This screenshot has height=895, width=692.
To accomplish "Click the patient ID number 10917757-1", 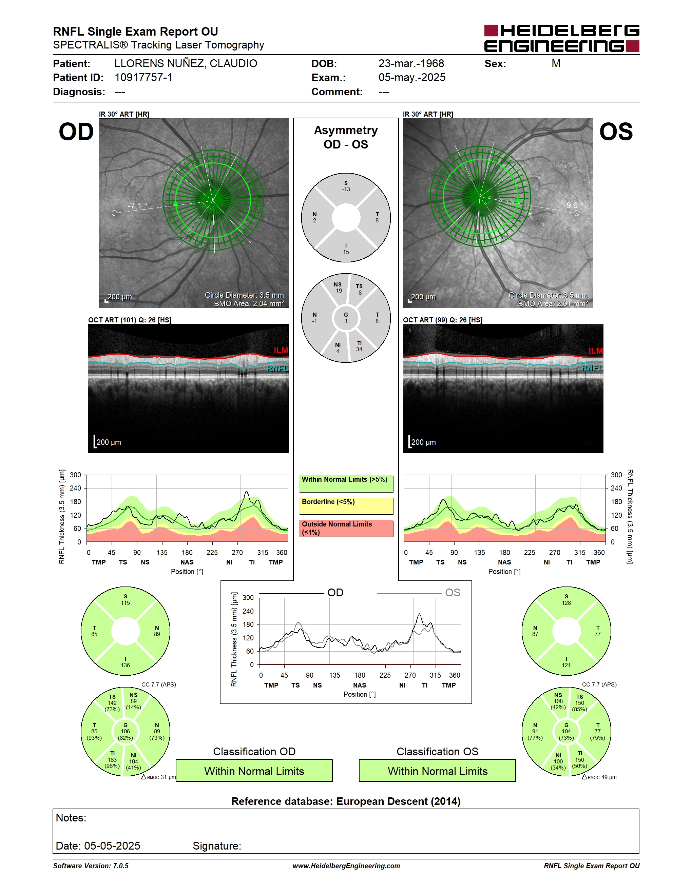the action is coord(143,77).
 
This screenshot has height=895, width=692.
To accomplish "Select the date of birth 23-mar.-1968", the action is coord(411,63).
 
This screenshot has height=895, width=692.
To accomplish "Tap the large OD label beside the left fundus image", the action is coord(76,132).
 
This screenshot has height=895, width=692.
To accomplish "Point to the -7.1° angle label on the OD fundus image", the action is coord(138,205).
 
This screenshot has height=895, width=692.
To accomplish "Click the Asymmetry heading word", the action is coord(346,130).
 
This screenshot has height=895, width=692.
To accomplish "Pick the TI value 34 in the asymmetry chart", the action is coord(359,349).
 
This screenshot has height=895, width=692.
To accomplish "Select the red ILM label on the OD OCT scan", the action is coord(281,351).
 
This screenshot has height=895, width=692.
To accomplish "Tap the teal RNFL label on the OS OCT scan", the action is coord(592,368).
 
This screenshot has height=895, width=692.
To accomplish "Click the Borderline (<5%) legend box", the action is coord(346,506).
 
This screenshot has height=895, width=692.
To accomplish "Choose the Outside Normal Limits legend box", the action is coord(346,528).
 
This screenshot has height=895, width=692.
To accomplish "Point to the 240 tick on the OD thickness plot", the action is coord(75,488).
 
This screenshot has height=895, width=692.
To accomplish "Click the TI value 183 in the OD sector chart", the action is coord(112,759).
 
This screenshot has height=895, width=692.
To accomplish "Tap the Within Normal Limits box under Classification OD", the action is coord(254,771).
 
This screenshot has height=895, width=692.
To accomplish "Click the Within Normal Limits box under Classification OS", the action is coord(438,771).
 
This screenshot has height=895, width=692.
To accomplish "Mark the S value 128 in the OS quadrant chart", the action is coord(566,603).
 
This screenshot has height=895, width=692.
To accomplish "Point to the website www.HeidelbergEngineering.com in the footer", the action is coord(346,866).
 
